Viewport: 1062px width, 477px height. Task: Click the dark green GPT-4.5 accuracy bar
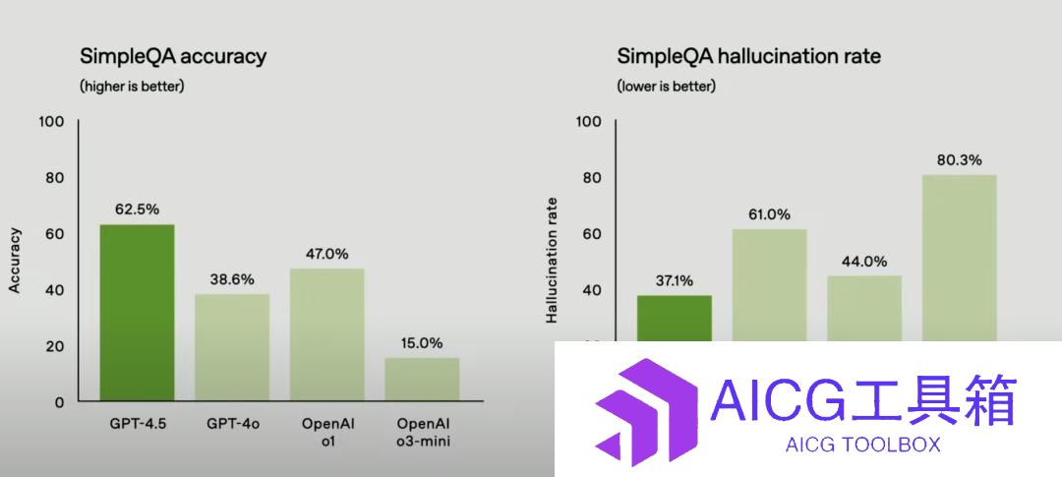point(137,313)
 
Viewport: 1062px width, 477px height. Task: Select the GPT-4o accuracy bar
point(232,347)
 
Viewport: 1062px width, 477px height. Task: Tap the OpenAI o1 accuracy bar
point(327,334)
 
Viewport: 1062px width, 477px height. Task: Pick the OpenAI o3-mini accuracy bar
point(422,379)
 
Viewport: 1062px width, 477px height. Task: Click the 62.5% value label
point(138,209)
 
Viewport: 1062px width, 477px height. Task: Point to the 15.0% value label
point(421,343)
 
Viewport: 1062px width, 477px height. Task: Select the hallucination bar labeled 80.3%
point(959,258)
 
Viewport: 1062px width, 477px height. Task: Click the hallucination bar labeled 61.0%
point(770,285)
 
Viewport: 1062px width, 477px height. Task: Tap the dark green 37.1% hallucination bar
point(675,319)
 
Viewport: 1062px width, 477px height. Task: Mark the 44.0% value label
point(864,262)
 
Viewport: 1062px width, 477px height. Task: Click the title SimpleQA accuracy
point(173,56)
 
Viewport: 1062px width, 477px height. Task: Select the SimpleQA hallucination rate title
point(749,55)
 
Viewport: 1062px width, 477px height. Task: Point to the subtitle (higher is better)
point(132,87)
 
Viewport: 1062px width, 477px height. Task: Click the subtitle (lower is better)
point(667,87)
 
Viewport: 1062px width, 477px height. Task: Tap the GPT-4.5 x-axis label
point(138,424)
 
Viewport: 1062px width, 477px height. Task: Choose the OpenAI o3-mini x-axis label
point(423,433)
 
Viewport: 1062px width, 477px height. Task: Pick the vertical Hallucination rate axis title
point(552,260)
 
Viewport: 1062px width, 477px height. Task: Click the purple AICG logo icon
point(646,413)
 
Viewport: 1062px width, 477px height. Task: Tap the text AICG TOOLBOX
point(863,445)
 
